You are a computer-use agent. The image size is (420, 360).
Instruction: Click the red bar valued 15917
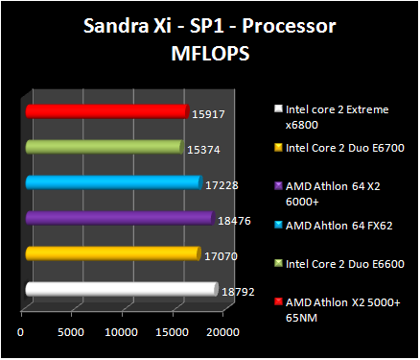pyautogui.click(x=105, y=112)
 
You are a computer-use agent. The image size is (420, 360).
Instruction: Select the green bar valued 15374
pyautogui.click(x=103, y=147)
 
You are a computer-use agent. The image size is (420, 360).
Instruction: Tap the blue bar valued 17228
pyautogui.click(x=112, y=182)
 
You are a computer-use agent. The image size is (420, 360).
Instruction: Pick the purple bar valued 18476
pyautogui.click(x=118, y=218)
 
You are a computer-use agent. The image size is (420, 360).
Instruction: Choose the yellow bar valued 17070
pyautogui.click(x=111, y=253)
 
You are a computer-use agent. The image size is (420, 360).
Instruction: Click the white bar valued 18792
pyautogui.click(x=120, y=289)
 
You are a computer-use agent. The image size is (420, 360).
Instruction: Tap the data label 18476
pyautogui.click(x=233, y=220)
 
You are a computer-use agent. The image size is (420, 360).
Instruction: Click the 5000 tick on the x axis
pyautogui.click(x=71, y=332)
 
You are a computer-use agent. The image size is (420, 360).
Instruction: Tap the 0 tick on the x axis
pyautogui.click(x=21, y=332)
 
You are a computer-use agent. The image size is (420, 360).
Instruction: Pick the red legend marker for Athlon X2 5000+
pyautogui.click(x=277, y=301)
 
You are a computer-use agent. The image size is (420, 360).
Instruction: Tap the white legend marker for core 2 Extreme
pyautogui.click(x=277, y=109)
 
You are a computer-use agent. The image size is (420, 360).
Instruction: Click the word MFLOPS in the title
pyautogui.click(x=209, y=56)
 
